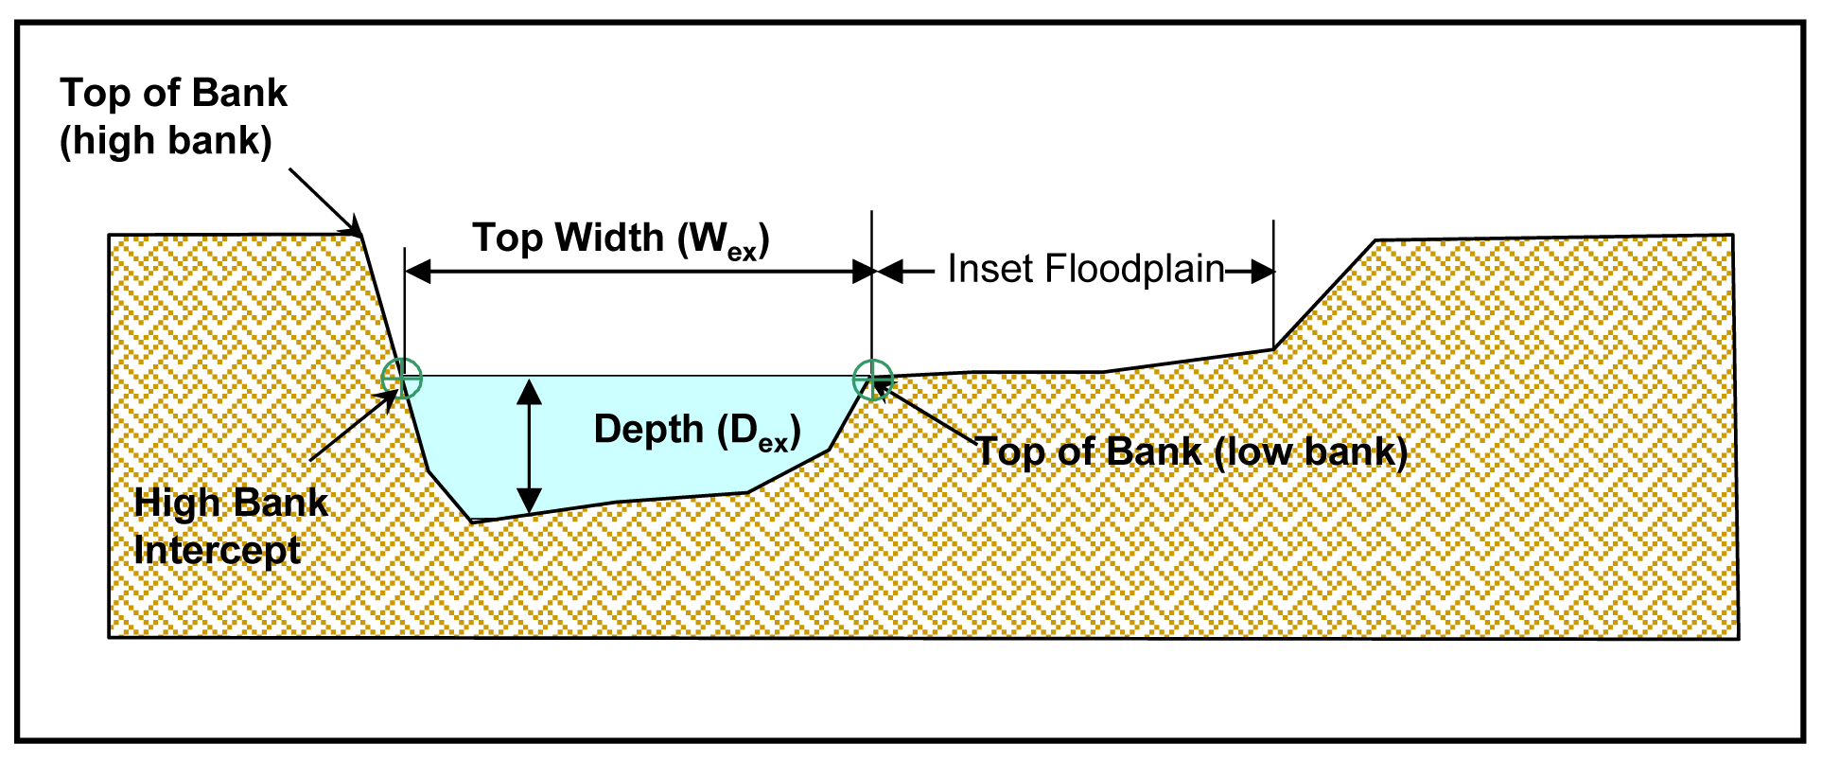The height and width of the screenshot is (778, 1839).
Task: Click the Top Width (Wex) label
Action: (x=621, y=239)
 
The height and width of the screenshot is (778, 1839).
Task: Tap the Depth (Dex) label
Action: (x=697, y=431)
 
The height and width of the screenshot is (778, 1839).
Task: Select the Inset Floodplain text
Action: (x=1086, y=269)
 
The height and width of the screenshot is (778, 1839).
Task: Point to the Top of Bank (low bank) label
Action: (x=1191, y=451)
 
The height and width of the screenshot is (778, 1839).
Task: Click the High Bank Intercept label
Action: (x=230, y=526)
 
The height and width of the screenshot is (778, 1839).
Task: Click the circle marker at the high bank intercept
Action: (x=402, y=379)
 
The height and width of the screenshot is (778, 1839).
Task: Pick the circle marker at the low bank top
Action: (x=872, y=380)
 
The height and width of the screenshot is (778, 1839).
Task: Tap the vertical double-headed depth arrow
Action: (x=530, y=446)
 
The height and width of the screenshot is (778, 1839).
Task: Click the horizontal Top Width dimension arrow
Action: (x=639, y=273)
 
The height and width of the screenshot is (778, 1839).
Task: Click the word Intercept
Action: (x=218, y=550)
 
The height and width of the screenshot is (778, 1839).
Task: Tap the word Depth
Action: (x=649, y=430)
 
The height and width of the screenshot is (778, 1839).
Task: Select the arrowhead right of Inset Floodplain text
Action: (x=1261, y=273)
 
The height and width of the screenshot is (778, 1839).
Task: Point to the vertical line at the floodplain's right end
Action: (x=1273, y=284)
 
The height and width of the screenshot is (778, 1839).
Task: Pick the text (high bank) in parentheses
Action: (x=166, y=140)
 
